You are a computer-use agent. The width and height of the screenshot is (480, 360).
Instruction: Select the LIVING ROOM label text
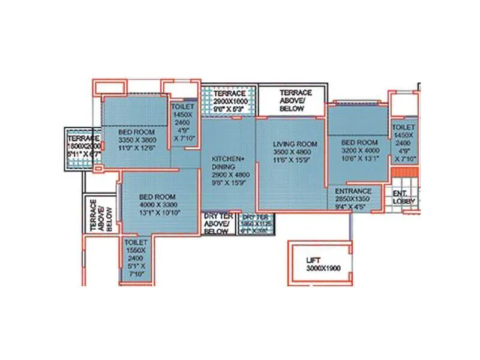click(295, 144)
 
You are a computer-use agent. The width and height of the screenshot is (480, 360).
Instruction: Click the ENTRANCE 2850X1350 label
click(353, 196)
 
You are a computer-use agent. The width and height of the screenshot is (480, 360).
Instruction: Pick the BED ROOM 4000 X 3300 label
click(159, 205)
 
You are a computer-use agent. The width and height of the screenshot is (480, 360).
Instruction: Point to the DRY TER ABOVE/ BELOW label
click(217, 223)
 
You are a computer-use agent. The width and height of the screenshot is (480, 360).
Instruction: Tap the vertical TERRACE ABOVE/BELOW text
click(100, 214)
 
